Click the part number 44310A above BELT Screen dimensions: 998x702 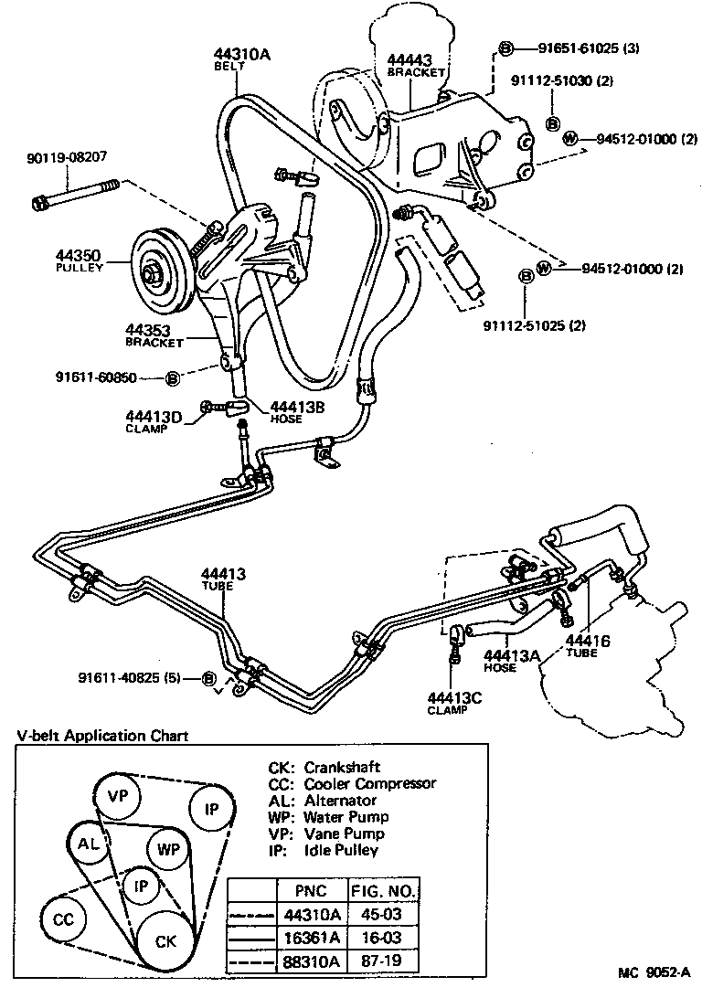241,54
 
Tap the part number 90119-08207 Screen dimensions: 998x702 67,157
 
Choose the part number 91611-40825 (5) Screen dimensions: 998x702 136,677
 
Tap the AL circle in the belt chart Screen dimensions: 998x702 88,844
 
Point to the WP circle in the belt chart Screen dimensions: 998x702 168,849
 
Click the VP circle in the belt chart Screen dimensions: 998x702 118,795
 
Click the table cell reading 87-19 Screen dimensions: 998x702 383,961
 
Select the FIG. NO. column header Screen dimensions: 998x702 383,890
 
